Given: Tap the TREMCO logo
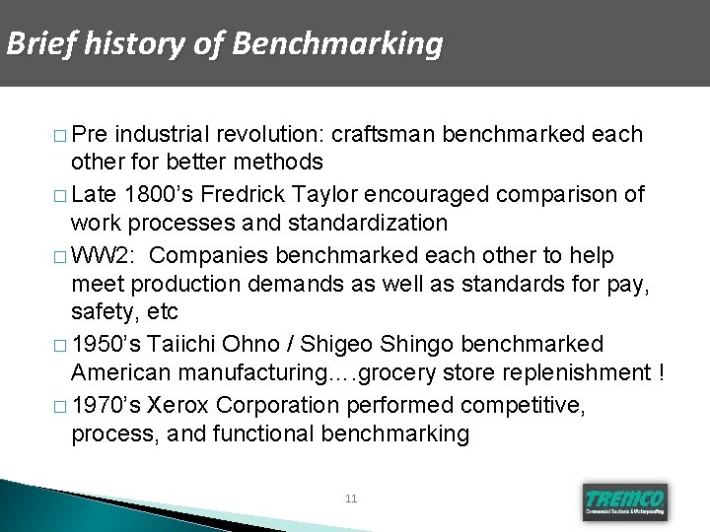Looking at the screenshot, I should click(x=624, y=500).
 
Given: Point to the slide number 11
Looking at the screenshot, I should click(x=352, y=499).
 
